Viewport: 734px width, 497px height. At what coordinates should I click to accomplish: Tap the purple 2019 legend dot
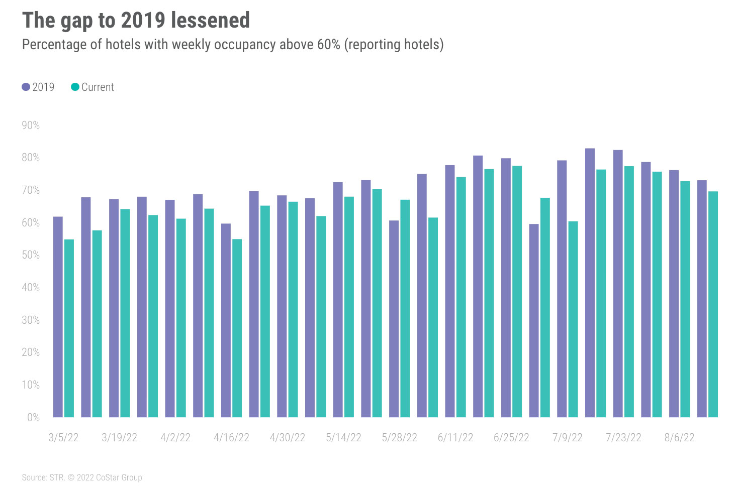tap(26, 87)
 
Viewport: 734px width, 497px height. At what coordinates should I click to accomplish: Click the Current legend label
tap(98, 87)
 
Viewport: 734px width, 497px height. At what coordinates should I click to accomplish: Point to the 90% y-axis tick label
tap(31, 126)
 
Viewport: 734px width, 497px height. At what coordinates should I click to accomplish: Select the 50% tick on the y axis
tap(31, 255)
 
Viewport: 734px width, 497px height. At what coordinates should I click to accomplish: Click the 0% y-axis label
tap(33, 418)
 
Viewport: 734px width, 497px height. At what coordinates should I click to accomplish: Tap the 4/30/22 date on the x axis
tap(288, 438)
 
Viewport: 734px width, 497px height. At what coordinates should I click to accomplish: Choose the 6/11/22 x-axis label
tap(455, 438)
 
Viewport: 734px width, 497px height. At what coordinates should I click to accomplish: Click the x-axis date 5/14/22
tap(343, 438)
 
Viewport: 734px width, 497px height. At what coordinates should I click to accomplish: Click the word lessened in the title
tap(210, 21)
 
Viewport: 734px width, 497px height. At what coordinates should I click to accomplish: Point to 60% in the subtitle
tap(329, 45)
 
